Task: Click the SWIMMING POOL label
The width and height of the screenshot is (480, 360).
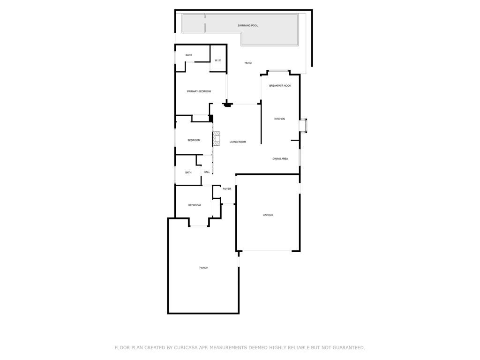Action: [247, 25]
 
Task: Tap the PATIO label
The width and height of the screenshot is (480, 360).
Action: [248, 63]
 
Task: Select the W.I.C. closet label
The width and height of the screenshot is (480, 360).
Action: [218, 60]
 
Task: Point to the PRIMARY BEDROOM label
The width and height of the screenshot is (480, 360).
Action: [199, 91]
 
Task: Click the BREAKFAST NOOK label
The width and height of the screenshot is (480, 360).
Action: [280, 86]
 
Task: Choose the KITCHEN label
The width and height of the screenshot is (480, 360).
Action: [279, 119]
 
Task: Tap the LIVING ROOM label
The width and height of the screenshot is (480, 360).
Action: [238, 142]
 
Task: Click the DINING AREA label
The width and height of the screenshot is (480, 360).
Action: [280, 159]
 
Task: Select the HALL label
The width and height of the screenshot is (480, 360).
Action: [207, 172]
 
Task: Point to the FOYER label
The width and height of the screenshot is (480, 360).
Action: [227, 189]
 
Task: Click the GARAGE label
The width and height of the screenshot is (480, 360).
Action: [268, 215]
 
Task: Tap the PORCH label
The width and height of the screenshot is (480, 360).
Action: [204, 268]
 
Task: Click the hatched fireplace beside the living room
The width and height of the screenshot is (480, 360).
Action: [217, 139]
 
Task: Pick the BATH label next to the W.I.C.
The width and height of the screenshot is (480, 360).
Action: [188, 55]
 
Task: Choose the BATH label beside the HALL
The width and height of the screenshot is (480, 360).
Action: [188, 172]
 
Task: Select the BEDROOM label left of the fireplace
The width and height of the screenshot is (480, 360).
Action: [194, 141]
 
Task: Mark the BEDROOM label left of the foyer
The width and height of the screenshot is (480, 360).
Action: [195, 205]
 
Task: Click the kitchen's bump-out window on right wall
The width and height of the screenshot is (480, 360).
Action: [303, 126]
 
